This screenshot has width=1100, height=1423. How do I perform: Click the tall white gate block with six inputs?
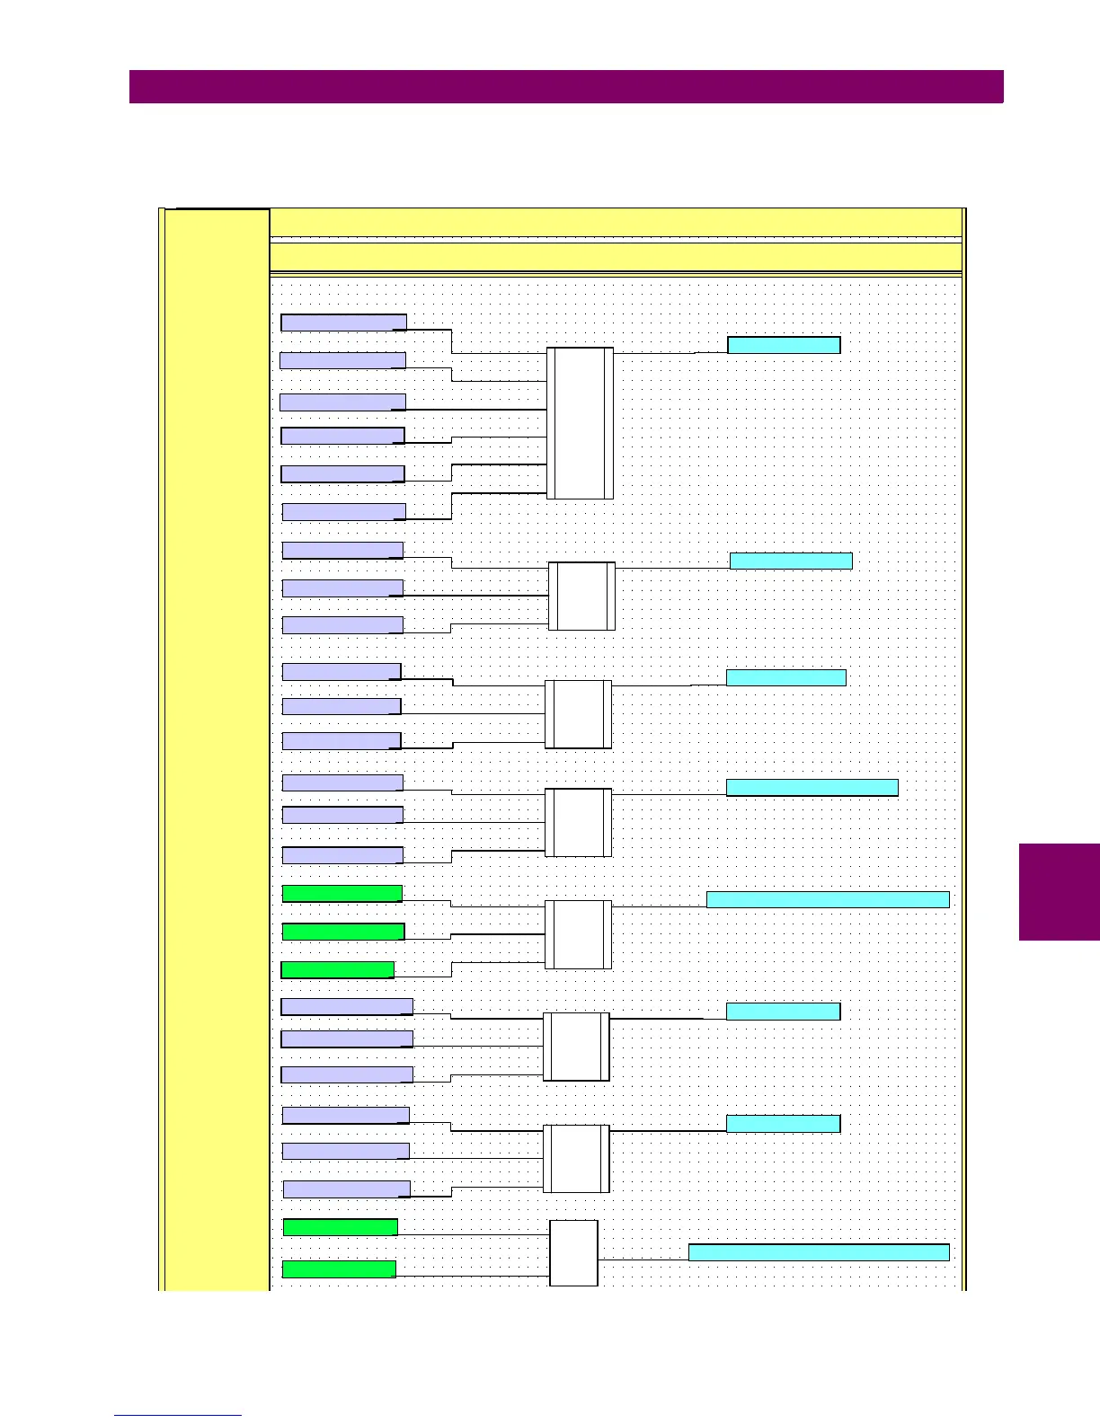pyautogui.click(x=580, y=423)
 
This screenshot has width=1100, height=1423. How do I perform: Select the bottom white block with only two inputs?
pyautogui.click(x=573, y=1252)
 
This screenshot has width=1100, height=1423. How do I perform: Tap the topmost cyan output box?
pyautogui.click(x=783, y=345)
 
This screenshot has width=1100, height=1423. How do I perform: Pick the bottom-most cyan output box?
pyautogui.click(x=818, y=1252)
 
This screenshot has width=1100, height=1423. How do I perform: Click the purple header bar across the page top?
pyautogui.click(x=566, y=87)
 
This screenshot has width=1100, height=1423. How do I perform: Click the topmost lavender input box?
pyautogui.click(x=343, y=323)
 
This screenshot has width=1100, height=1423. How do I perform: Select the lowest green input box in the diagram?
pyautogui.click(x=339, y=1268)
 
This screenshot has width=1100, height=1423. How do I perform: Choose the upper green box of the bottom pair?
pyautogui.click(x=340, y=1227)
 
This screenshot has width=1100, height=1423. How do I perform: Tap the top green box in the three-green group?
pyautogui.click(x=342, y=893)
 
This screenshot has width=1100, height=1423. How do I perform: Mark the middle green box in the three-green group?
pyautogui.click(x=343, y=932)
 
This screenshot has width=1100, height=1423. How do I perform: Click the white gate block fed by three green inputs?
pyautogui.click(x=578, y=934)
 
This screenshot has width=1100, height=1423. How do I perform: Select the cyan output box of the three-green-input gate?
pyautogui.click(x=827, y=899)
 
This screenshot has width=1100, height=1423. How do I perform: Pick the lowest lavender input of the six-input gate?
pyautogui.click(x=343, y=512)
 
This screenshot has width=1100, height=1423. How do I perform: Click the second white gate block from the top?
pyautogui.click(x=581, y=596)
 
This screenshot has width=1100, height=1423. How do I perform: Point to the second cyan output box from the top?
pyautogui.click(x=791, y=561)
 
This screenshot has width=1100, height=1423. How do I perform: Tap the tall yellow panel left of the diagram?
pyautogui.click(x=216, y=746)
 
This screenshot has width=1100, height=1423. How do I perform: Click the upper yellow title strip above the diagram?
pyautogui.click(x=616, y=222)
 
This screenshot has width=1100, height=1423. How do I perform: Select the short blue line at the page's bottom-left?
pyautogui.click(x=178, y=1416)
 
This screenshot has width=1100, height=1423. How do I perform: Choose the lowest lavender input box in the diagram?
pyautogui.click(x=346, y=1189)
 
